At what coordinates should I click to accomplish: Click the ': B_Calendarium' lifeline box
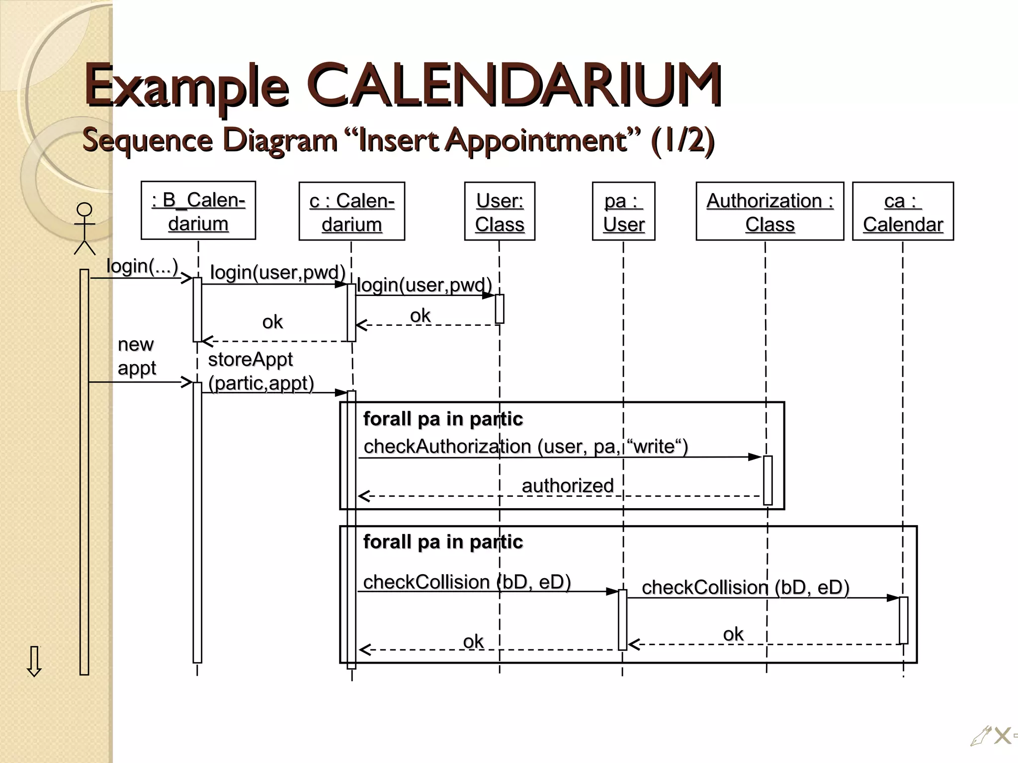198,211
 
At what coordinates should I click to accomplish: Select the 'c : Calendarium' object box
352,212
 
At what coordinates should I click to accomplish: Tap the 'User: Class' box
500,212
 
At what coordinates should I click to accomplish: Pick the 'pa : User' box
623,212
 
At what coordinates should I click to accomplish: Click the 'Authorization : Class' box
769,212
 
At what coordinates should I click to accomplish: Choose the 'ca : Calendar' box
903,212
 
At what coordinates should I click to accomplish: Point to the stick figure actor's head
85,210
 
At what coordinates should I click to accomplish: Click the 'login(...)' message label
142,266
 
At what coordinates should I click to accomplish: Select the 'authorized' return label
568,485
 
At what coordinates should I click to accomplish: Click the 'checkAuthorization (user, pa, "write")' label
525,446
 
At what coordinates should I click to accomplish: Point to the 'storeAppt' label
250,359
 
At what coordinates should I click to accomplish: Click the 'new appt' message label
136,356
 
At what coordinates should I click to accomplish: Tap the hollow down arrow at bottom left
34,661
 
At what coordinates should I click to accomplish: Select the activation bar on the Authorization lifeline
767,480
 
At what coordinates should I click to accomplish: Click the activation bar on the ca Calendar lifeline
903,620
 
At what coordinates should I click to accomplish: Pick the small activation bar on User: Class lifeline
500,308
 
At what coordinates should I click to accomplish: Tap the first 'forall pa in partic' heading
443,419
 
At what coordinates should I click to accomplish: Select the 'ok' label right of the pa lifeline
733,634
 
